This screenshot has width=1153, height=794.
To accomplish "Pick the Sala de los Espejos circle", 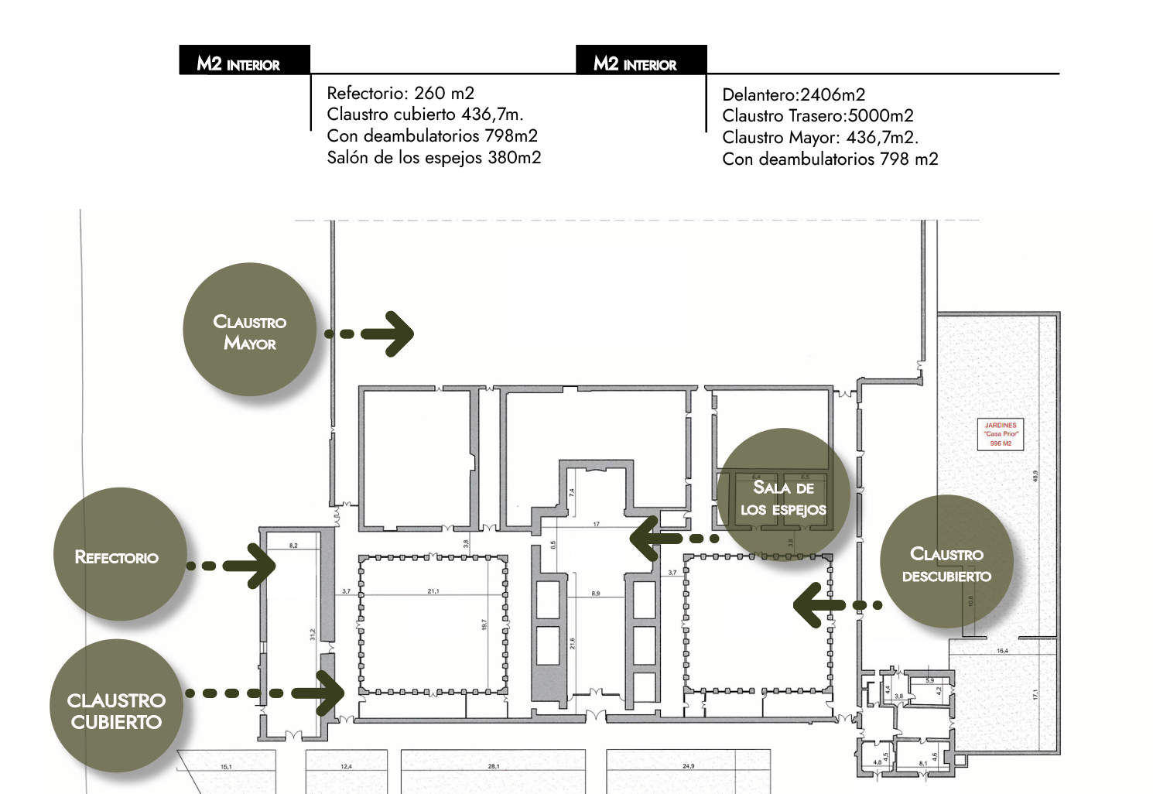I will coord(783,495).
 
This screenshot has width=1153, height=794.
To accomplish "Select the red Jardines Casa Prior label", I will coord(1001,434).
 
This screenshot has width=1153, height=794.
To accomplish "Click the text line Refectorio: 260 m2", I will coord(400,93).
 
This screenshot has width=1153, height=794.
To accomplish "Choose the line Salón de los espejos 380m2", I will coord(433,158).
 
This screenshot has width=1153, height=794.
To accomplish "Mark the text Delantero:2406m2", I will coord(793,95).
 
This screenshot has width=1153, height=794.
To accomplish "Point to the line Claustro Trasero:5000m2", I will coord(817,116).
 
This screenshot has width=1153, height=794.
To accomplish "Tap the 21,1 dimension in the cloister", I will coord(433,591).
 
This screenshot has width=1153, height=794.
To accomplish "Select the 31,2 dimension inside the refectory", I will coord(313,634).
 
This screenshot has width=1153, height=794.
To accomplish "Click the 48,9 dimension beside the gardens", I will coord(1035,476).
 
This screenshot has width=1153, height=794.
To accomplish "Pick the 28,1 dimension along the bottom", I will coord(494,766).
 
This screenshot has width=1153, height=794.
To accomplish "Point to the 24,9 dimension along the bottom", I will coord(688,766).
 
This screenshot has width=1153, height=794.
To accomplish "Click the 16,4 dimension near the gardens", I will coord(1002,651).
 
